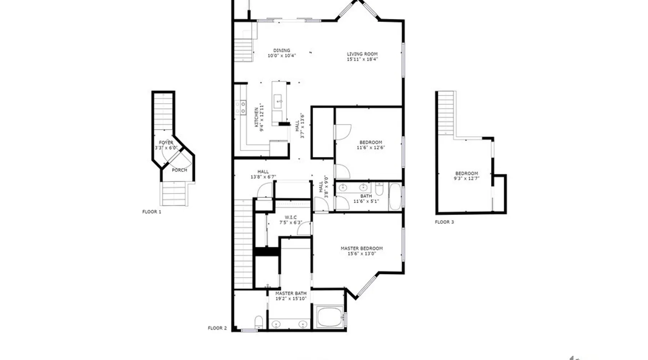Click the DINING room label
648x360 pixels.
(282, 50)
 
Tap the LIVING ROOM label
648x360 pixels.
(362, 54)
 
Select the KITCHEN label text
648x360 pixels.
(257, 117)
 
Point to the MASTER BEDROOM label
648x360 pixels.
(362, 248)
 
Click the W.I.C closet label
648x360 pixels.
(291, 217)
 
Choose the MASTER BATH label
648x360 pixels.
(291, 293)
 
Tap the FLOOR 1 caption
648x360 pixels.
(152, 212)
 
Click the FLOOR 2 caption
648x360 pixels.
(217, 328)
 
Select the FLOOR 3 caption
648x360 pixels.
(445, 222)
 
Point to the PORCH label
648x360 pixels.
(179, 170)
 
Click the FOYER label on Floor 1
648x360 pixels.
(166, 143)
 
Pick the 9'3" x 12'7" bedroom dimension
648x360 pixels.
(467, 178)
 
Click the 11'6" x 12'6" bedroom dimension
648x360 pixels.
(371, 147)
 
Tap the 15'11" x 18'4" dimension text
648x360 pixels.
(362, 59)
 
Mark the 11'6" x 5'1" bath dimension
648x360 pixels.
(366, 201)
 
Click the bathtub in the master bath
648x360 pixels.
(330, 317)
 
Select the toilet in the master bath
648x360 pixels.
(259, 322)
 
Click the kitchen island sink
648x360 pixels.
(278, 102)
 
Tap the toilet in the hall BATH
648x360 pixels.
(379, 188)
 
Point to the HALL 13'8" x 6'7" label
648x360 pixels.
(263, 174)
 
